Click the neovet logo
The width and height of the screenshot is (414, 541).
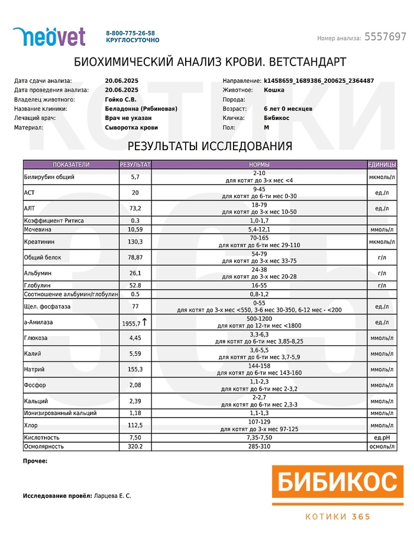49,36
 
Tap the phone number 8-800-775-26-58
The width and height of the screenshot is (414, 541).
130,33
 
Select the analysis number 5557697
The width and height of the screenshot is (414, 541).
385,37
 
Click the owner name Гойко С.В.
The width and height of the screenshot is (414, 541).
122,99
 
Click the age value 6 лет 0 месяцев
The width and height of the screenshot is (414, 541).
288,109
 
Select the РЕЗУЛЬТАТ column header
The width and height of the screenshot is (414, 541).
135,164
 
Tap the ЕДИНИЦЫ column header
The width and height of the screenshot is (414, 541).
381,164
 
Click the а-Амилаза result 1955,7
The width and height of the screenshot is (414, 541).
131,323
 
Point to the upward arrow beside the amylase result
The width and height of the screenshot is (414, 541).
145,322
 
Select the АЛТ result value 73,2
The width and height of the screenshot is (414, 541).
135,208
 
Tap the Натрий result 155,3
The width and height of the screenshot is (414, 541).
135,369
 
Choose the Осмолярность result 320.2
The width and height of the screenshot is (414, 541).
135,446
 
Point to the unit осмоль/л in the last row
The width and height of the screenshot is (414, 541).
381,446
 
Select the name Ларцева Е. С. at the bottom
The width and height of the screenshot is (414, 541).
112,495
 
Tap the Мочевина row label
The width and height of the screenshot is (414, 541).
38,229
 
